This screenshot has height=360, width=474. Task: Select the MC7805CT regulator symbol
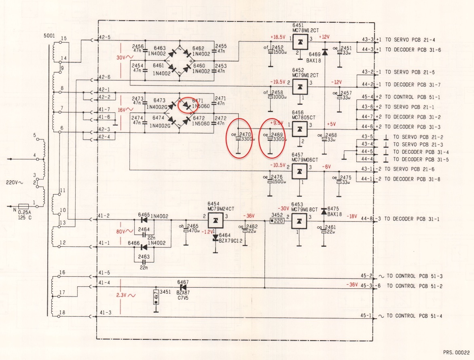pyautogui.click(x=299, y=129)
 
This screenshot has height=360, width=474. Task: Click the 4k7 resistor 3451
pyautogui.click(x=156, y=297)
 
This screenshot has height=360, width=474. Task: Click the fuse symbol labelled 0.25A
pyautogui.click(x=24, y=206)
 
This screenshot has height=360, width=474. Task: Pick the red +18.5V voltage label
pyautogui.click(x=278, y=38)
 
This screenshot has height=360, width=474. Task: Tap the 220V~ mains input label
pyautogui.click(x=14, y=183)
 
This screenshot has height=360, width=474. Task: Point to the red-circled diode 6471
pyautogui.click(x=186, y=106)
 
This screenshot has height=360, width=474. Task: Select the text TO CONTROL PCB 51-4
pyautogui.click(x=414, y=316)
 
